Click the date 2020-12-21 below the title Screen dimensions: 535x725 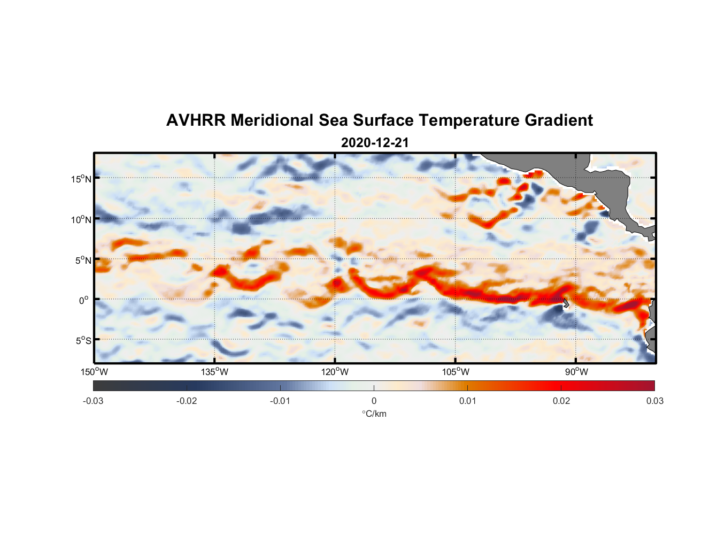[x=375, y=143]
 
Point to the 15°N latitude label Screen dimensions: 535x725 [x=81, y=179]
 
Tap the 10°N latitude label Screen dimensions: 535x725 [x=81, y=219]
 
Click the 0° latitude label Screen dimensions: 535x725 [x=84, y=300]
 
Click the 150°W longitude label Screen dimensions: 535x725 [x=95, y=372]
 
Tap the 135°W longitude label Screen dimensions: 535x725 [x=215, y=372]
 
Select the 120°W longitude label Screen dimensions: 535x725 [x=335, y=372]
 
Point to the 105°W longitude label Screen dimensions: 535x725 [x=456, y=372]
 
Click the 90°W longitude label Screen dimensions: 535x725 [x=576, y=372]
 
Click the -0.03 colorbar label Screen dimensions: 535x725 [x=93, y=401]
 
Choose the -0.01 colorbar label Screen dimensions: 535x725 [x=280, y=401]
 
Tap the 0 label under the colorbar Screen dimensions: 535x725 [x=374, y=401]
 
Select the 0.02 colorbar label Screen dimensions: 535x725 [x=561, y=401]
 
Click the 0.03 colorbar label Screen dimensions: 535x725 [x=654, y=401]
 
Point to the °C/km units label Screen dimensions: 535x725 [x=374, y=414]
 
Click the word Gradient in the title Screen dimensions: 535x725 [x=559, y=120]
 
